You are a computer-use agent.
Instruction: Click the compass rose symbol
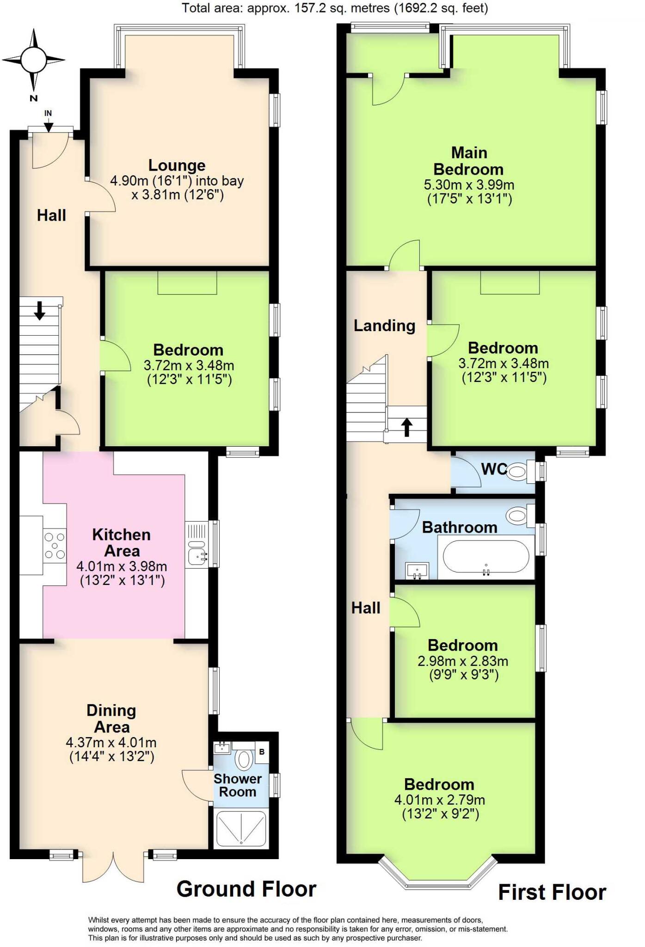pos(33,60)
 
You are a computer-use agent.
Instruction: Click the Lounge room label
pos(177,165)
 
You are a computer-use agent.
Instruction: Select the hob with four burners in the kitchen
pos(55,546)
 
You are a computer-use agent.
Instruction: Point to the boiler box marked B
pos(262,752)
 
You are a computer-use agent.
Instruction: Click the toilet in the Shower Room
pos(244,758)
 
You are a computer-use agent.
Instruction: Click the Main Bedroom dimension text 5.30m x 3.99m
pos(469,185)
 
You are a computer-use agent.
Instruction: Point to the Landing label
pos(384,326)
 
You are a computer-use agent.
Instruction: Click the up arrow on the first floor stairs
pos(406,427)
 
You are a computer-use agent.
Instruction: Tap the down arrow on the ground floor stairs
pos(40,310)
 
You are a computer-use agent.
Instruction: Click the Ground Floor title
pos(246,889)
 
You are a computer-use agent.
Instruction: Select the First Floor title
pos(552,892)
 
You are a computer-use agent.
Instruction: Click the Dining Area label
pos(111,719)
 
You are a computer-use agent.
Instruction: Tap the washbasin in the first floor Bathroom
pos(417,570)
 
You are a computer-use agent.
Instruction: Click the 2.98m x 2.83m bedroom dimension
pos(462,661)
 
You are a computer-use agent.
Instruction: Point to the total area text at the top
pos(335,8)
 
